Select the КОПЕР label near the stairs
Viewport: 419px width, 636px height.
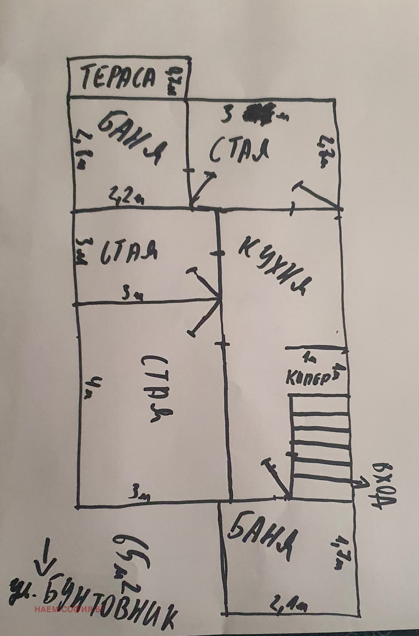pyautogui.click(x=307, y=378)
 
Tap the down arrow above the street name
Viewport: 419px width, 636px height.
pyautogui.click(x=46, y=555)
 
